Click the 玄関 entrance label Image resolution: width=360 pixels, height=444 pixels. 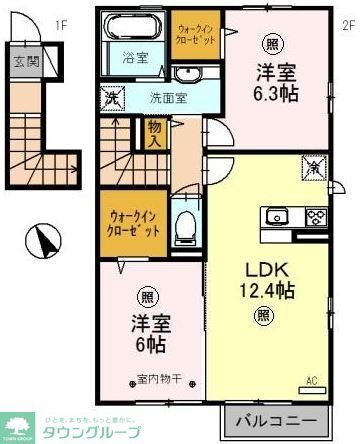pos(21,60)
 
